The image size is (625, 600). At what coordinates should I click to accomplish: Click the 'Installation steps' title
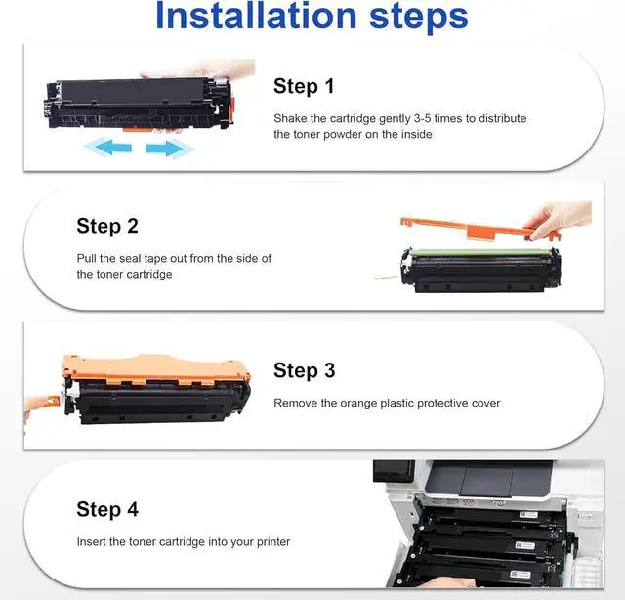(x=312, y=16)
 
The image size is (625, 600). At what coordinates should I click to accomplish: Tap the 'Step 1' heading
(x=304, y=86)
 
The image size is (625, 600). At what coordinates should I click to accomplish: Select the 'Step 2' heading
(x=107, y=226)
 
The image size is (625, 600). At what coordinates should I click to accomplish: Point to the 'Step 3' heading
(x=304, y=370)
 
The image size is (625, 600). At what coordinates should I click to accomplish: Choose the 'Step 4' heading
(x=107, y=509)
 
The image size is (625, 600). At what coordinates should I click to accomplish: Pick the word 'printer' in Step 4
(x=273, y=542)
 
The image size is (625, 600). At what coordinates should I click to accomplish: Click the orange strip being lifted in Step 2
(x=479, y=230)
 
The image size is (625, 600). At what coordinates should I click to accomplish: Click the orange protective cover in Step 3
(x=155, y=369)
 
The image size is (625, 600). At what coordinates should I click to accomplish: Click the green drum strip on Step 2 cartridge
(x=481, y=252)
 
